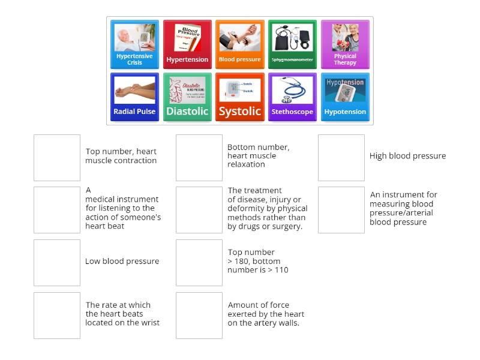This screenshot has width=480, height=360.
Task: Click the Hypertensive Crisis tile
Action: pos(135,44)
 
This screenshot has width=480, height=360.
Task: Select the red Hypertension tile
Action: pos(187,44)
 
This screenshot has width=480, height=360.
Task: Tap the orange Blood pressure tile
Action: pos(240,44)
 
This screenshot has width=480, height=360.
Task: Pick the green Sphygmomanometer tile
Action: pos(292,44)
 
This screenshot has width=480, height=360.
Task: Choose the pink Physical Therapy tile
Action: pos(345,44)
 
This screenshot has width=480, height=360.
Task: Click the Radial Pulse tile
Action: pos(135,97)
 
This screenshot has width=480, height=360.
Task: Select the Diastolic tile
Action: pos(187,97)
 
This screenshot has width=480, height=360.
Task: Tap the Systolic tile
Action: pos(240,97)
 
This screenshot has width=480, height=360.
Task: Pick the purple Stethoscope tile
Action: pos(292,97)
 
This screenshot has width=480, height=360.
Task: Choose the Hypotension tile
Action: pos(345,97)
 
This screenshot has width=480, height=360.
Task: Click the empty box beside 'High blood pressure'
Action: pos(341,158)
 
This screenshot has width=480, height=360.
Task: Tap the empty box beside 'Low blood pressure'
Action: pos(57,263)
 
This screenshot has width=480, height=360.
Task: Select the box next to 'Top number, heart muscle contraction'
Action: pos(57,158)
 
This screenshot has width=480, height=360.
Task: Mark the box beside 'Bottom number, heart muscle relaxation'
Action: pos(199,158)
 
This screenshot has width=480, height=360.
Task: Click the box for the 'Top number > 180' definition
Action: pos(199,263)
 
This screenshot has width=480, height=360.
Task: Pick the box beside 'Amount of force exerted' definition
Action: pos(199,316)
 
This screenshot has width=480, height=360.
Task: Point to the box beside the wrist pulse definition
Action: pos(57,316)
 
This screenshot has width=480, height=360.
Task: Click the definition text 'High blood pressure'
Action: pos(407,156)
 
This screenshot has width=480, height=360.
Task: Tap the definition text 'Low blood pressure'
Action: pos(122,262)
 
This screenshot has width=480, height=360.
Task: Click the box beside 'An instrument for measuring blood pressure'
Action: pos(341,210)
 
